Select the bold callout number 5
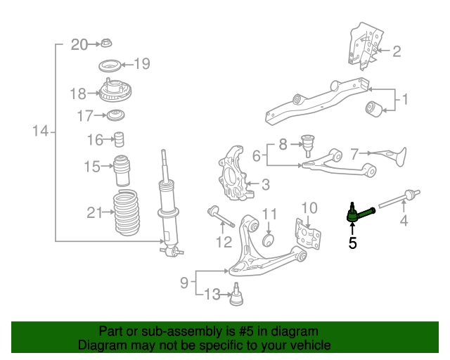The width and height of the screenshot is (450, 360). (352, 243)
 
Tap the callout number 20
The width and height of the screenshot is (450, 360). (79, 44)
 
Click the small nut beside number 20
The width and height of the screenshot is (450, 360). (104, 44)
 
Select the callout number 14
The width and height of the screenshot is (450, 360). (40, 131)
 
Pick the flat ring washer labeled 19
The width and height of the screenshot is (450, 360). (110, 67)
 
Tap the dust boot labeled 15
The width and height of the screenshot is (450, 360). (122, 169)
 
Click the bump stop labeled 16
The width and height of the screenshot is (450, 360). (120, 139)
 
